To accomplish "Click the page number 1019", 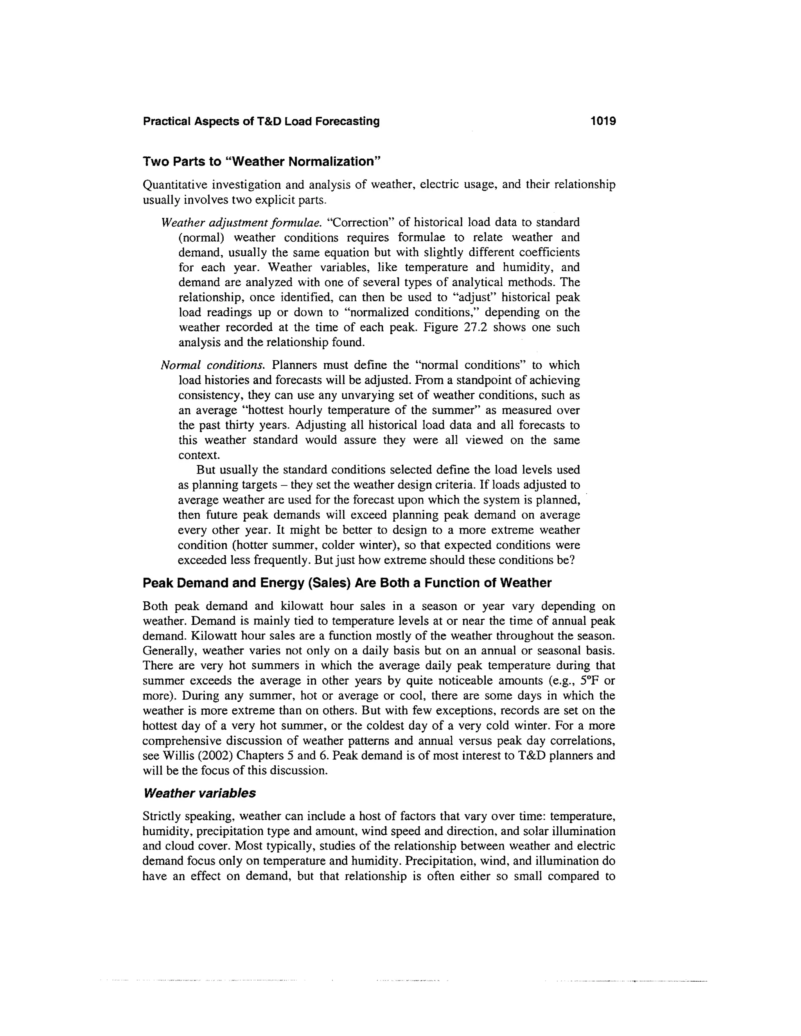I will pos(603,122).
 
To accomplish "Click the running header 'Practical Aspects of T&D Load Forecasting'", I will pos(261,122).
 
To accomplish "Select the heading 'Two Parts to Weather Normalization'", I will pos(262,162).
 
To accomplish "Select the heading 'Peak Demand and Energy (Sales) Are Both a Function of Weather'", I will pos(347,583).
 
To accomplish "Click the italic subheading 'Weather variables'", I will pos(199,793).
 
